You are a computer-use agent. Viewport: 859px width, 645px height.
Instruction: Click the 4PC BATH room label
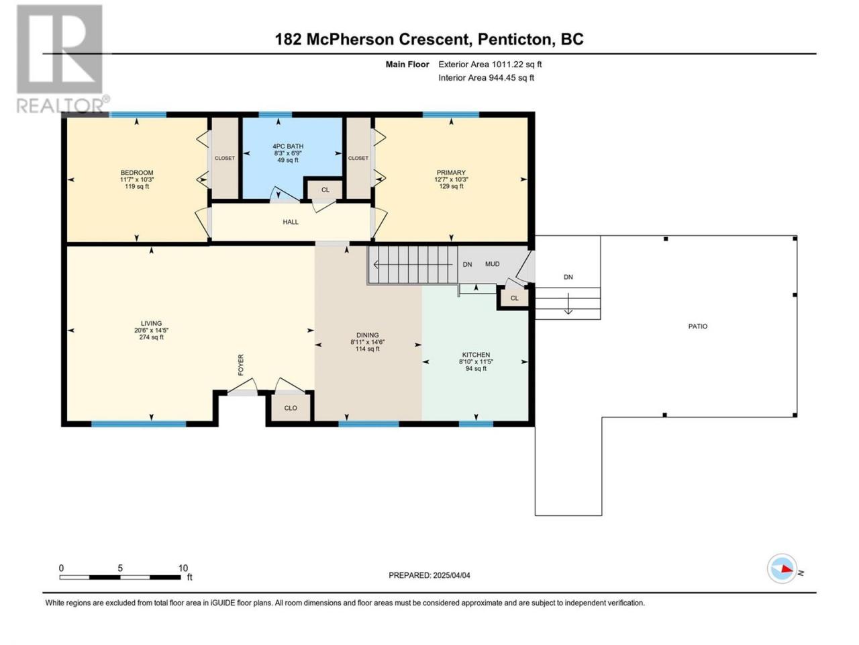point(288,146)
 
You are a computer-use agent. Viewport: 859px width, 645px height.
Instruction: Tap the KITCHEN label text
point(476,355)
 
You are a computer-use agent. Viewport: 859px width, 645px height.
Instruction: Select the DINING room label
point(368,335)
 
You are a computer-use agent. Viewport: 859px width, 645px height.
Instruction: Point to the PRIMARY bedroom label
point(451,172)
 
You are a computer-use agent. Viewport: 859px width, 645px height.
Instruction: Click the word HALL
point(291,222)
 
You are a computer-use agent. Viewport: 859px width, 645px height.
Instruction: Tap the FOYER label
point(241,365)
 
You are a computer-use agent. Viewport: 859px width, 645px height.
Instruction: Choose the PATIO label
point(698,326)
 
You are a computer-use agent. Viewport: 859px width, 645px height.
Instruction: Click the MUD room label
point(493,264)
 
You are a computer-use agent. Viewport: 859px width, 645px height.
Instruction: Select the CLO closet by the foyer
point(291,408)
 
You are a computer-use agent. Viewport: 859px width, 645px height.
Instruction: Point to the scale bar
point(120,577)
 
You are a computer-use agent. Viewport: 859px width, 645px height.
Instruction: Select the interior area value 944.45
point(503,77)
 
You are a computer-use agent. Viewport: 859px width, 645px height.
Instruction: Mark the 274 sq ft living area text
point(151,337)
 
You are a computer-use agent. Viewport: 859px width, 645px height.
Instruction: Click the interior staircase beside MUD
point(413,265)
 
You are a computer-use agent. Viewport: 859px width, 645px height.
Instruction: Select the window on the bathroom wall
point(275,115)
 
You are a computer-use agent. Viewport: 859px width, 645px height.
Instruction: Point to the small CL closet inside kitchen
point(514,298)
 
